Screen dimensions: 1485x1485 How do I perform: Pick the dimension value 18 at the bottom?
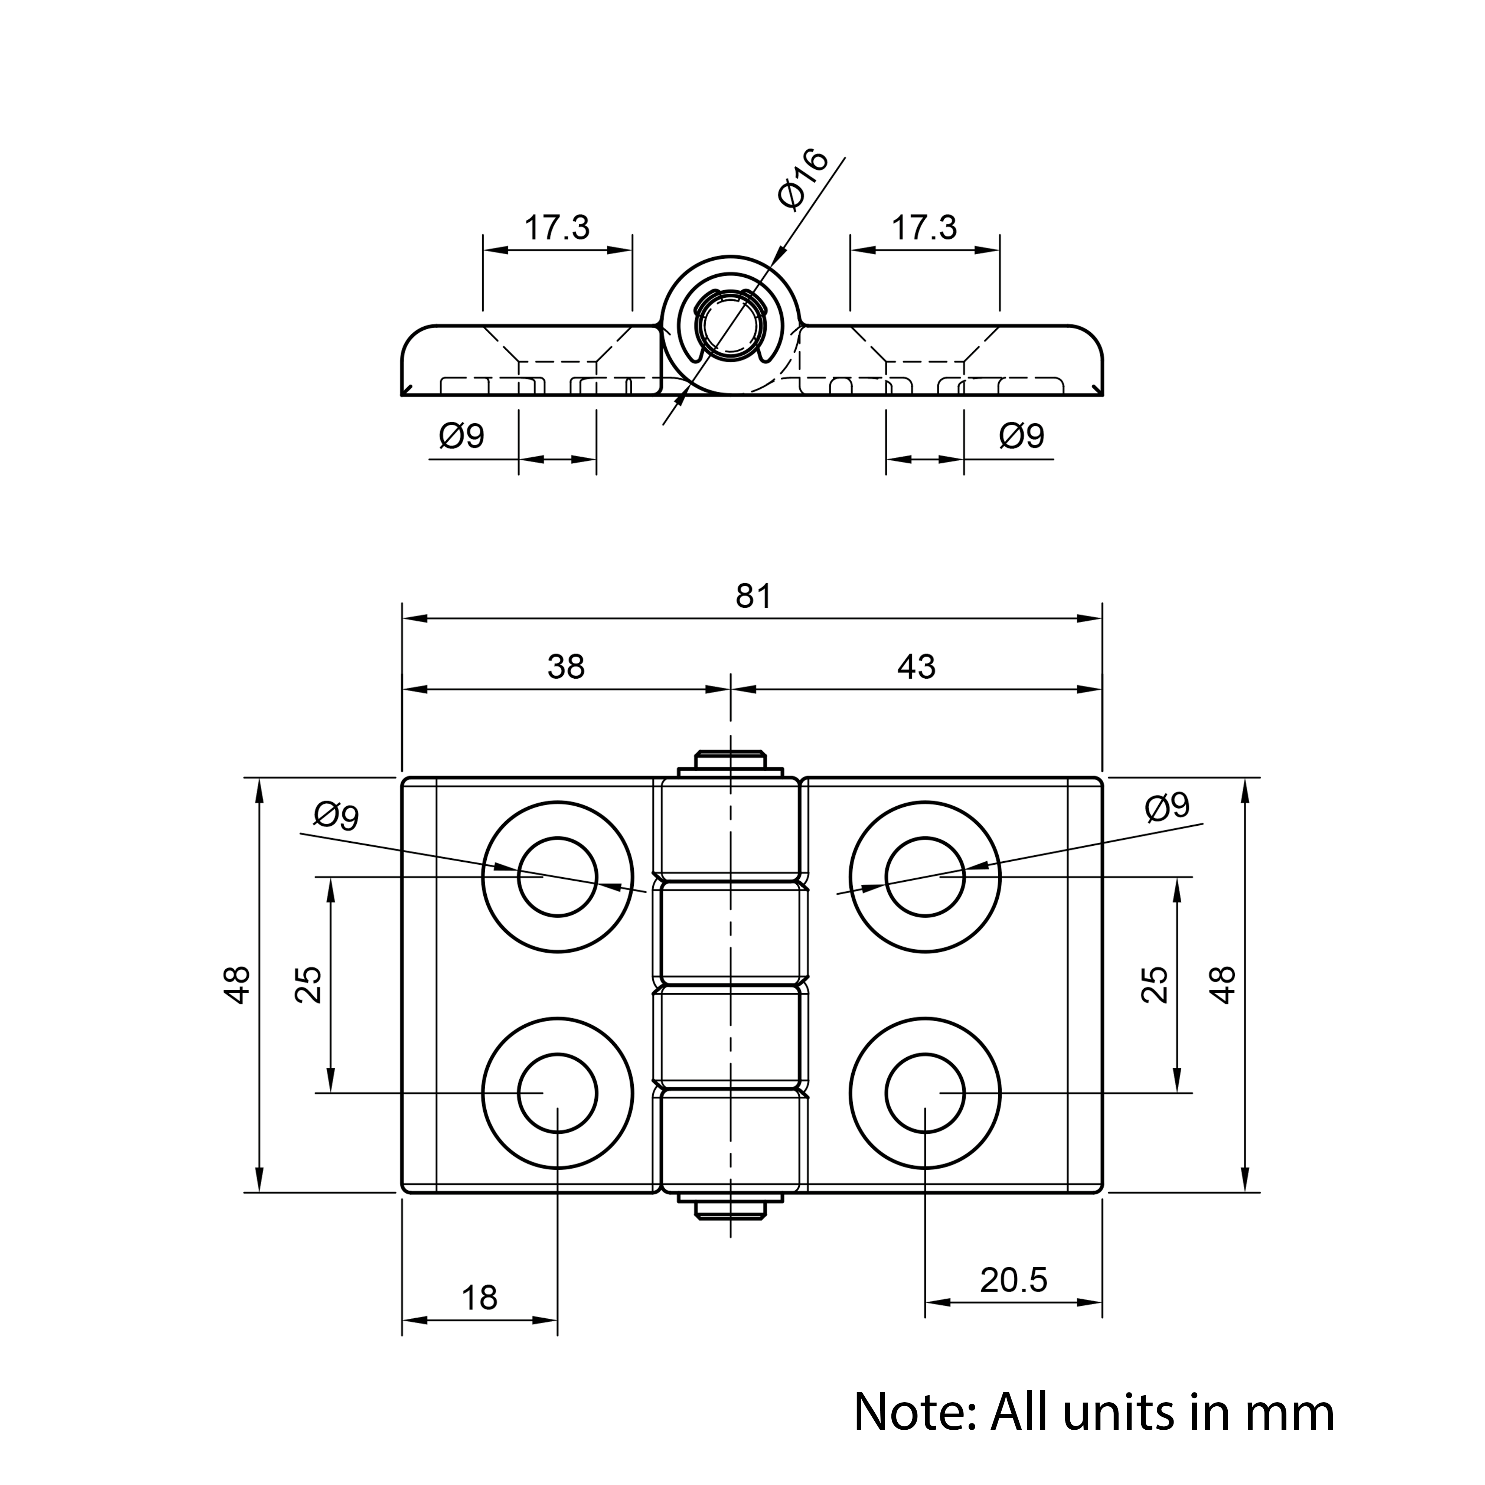[x=480, y=1298]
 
